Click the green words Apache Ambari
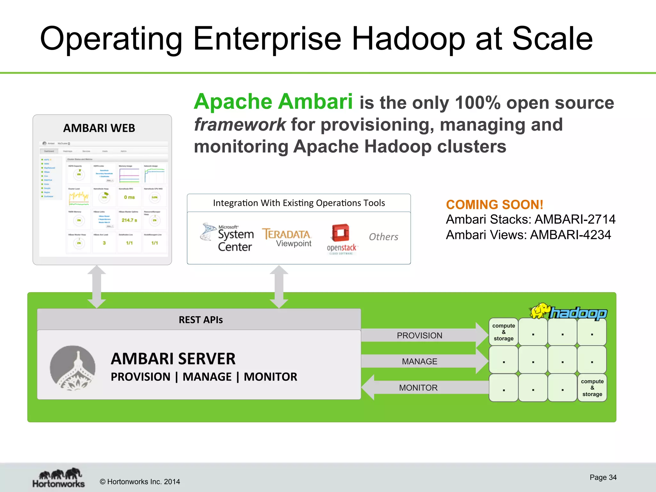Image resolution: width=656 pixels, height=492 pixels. point(273,102)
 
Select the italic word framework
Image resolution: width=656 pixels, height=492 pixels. point(240,125)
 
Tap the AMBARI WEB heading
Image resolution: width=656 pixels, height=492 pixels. point(99,128)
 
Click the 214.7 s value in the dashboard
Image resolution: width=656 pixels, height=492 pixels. point(129,220)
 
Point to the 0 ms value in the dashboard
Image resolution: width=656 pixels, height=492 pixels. point(129,197)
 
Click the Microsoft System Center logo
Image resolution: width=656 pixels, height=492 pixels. point(227,237)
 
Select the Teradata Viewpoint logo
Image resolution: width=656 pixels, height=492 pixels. point(287,237)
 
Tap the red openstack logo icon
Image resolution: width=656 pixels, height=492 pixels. point(341,233)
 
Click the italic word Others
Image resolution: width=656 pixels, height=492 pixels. point(383,237)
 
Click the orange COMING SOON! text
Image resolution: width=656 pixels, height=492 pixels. point(494,205)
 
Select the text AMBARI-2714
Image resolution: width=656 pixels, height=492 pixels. point(575,219)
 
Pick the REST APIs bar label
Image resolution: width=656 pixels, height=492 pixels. point(201,320)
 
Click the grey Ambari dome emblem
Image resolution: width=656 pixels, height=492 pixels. point(73,368)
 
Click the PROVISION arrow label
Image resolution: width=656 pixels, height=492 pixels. point(419,335)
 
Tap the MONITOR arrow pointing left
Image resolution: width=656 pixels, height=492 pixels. point(418,388)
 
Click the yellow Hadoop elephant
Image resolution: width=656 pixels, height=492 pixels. point(540,311)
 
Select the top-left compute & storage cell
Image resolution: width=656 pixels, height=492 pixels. point(504,332)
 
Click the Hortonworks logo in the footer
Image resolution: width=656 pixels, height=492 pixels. point(59,478)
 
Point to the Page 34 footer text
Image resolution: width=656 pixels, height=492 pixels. point(603,477)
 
